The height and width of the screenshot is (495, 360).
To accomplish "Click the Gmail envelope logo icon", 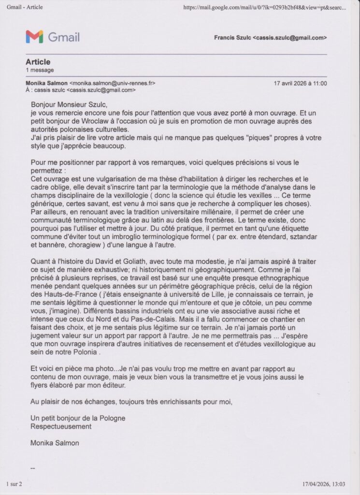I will click(34, 37).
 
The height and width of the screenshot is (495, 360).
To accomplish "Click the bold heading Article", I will click(38, 62).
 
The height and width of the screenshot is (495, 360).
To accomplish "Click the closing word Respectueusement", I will click(61, 426).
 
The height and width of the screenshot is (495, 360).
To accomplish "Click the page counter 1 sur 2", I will click(14, 484).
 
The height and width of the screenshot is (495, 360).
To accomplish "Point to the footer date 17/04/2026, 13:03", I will click(324, 484).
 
